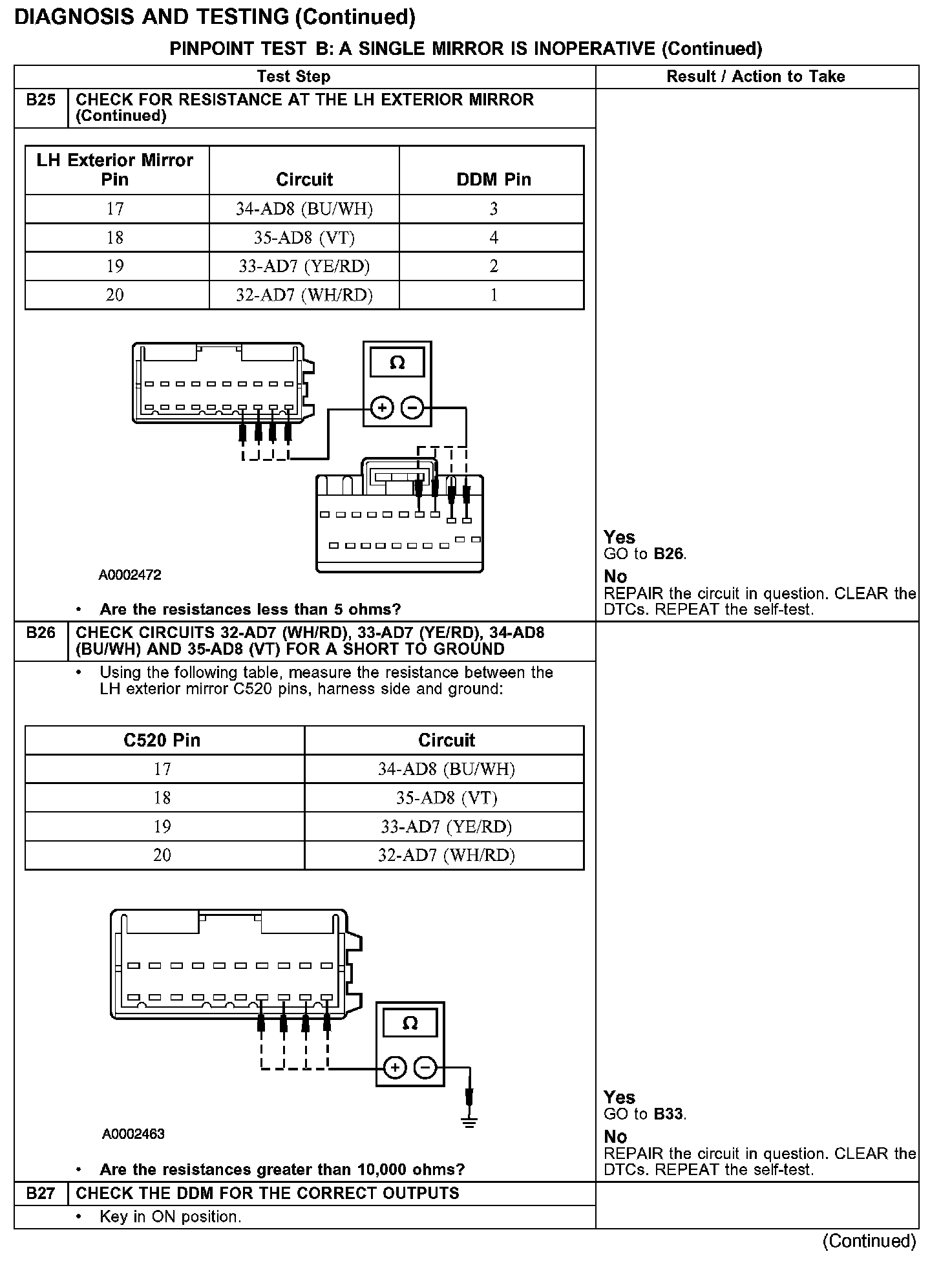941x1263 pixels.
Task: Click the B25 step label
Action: [41, 101]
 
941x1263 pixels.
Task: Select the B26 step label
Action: [41, 633]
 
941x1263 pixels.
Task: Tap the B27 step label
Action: [41, 1193]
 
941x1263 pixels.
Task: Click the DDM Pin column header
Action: [494, 180]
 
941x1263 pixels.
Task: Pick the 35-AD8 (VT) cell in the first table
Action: [304, 238]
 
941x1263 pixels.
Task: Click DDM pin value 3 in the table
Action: [494, 209]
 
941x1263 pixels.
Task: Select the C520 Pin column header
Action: [162, 740]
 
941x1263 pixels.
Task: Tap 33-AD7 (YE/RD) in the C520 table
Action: [446, 827]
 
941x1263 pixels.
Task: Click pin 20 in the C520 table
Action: [162, 855]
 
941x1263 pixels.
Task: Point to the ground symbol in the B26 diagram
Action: [470, 1123]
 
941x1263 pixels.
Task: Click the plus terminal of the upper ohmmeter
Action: [383, 408]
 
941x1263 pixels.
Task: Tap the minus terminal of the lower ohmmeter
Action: [425, 1068]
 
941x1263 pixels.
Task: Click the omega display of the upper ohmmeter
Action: [397, 363]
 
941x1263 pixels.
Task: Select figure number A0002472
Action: [130, 575]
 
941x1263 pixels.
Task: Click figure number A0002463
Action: [133, 1134]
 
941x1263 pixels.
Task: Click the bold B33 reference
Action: [669, 1114]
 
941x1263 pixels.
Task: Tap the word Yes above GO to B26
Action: [619, 537]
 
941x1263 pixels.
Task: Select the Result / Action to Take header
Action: [756, 77]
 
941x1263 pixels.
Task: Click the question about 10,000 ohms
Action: [282, 1169]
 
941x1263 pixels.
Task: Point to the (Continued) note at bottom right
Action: [869, 1241]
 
